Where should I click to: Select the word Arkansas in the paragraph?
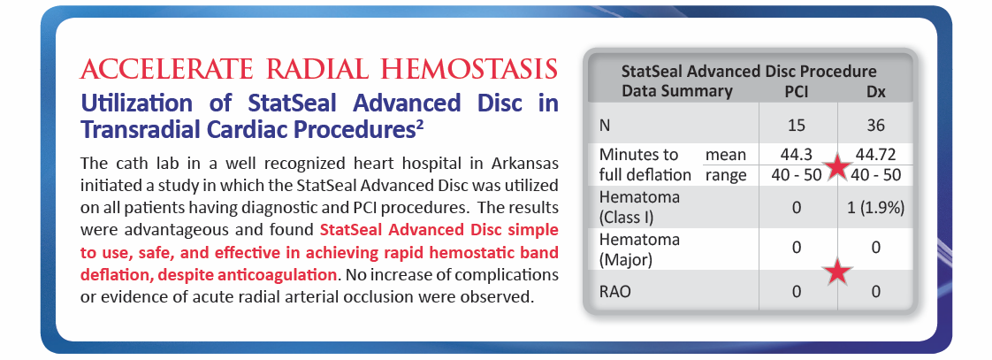click(523, 164)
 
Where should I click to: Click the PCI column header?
click(796, 92)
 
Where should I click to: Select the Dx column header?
click(875, 92)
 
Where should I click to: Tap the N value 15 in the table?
click(797, 126)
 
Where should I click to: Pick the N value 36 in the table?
click(875, 126)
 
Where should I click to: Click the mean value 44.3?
click(797, 155)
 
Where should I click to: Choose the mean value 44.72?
click(875, 155)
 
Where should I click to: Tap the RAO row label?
click(614, 291)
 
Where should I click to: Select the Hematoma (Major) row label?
click(630, 249)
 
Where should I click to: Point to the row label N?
click(604, 126)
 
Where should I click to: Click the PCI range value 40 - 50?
click(797, 175)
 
